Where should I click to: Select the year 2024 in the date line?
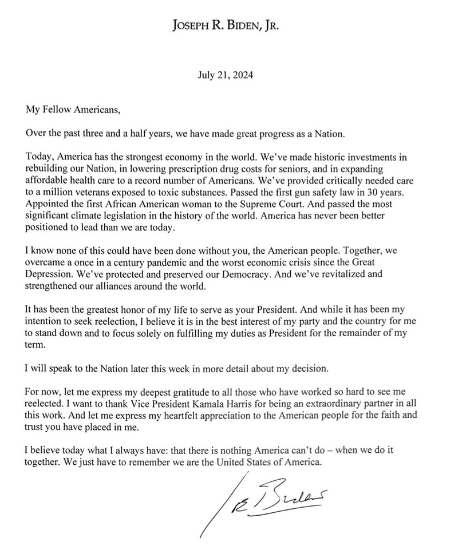(x=243, y=75)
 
